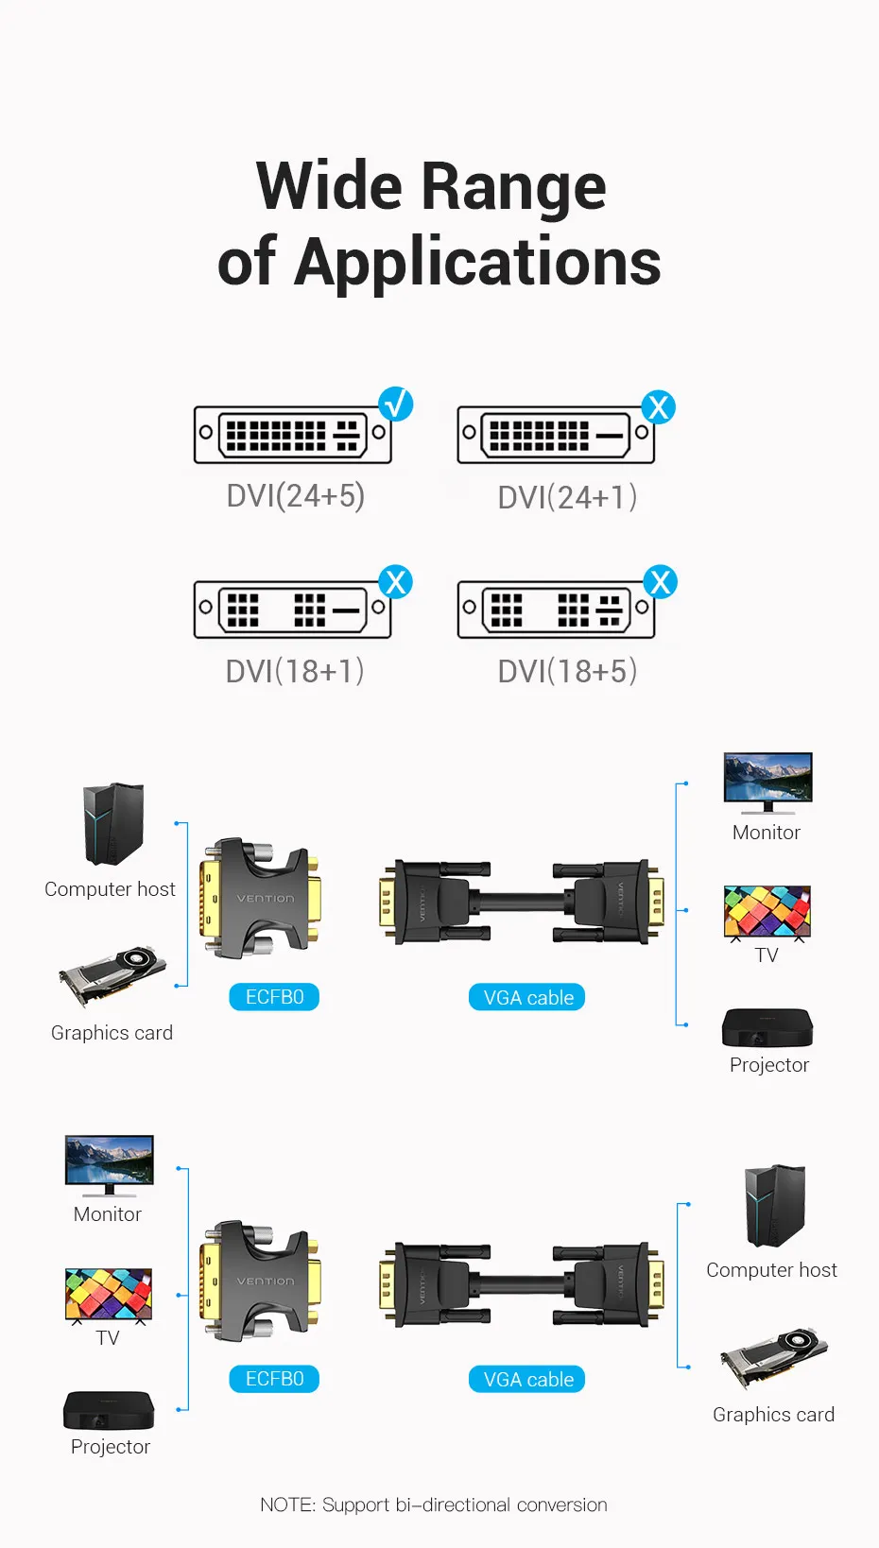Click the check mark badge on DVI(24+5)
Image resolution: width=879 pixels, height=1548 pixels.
(396, 404)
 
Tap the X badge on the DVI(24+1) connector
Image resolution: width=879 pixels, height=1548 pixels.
(658, 407)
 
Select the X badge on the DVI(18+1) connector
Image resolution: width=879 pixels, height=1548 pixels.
(396, 582)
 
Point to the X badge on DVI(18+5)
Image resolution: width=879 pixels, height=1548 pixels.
(661, 582)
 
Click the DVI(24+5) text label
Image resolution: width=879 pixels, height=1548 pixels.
(296, 496)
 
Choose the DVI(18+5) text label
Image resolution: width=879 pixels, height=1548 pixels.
(567, 672)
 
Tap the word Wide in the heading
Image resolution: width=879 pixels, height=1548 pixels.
(330, 186)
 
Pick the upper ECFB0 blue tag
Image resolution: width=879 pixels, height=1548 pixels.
(274, 997)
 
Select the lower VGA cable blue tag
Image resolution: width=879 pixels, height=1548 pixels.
(527, 1380)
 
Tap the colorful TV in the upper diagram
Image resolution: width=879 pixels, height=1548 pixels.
(767, 913)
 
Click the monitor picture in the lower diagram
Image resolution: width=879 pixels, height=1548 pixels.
(109, 1163)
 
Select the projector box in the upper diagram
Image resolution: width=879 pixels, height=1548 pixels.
(767, 1027)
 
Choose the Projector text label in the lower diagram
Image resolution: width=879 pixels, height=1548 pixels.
(111, 1447)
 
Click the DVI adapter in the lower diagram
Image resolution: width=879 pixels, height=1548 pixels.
(261, 1281)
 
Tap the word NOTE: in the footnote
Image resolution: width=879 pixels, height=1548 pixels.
(287, 1505)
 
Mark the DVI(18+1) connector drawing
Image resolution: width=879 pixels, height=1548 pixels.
(292, 610)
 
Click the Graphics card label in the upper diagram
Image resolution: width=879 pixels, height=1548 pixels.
(112, 1033)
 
